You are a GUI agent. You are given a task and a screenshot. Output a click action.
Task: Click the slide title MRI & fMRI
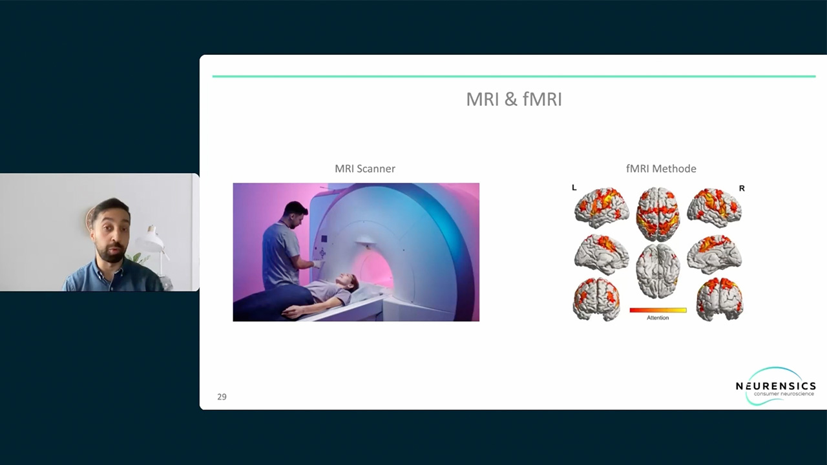pyautogui.click(x=514, y=99)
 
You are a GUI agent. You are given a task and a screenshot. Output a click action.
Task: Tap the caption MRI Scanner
pyautogui.click(x=365, y=169)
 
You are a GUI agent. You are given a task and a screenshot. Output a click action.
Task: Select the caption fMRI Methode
pyautogui.click(x=661, y=169)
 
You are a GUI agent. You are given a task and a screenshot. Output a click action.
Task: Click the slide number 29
pyautogui.click(x=222, y=397)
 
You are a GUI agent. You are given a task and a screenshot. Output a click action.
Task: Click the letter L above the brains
pyautogui.click(x=574, y=187)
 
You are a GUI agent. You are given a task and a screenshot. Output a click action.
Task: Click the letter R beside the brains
pyautogui.click(x=742, y=188)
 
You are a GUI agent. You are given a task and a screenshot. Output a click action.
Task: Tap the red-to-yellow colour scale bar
pyautogui.click(x=658, y=311)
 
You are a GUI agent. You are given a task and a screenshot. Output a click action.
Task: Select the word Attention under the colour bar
pyautogui.click(x=658, y=318)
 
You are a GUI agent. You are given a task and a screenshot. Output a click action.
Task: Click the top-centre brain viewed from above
pyautogui.click(x=658, y=214)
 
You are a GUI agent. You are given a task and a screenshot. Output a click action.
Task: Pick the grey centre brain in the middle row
pyautogui.click(x=658, y=271)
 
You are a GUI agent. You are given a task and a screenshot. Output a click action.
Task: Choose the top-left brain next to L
pyautogui.click(x=602, y=208)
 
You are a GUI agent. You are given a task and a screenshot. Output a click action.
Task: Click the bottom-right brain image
pyautogui.click(x=720, y=299)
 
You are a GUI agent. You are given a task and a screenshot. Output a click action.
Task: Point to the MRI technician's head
pyautogui.click(x=295, y=214)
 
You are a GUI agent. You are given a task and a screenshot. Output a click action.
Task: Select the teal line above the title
pyautogui.click(x=514, y=76)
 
